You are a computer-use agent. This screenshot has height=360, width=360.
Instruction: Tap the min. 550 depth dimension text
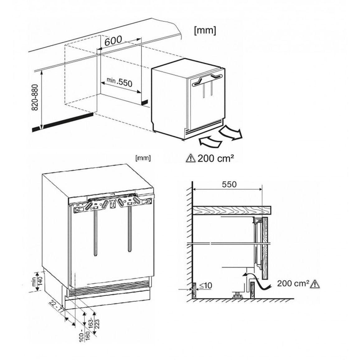pyautogui.click(x=119, y=82)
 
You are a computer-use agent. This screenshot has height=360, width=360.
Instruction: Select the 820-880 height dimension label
pyautogui.click(x=35, y=97)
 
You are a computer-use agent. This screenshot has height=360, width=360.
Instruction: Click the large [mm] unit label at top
pyautogui.click(x=205, y=31)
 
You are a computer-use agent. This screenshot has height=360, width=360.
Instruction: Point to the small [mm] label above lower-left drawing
pyautogui.click(x=143, y=158)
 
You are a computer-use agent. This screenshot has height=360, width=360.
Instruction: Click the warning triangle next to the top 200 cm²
pyautogui.click(x=190, y=158)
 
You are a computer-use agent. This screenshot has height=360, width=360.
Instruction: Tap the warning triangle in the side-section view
pyautogui.click(x=315, y=284)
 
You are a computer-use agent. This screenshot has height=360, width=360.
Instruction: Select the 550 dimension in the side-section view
pyautogui.click(x=229, y=184)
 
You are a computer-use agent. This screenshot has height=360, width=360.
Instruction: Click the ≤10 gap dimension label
pyautogui.click(x=206, y=286)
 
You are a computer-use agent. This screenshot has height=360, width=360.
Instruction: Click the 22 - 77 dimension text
pyautogui.click(x=56, y=307)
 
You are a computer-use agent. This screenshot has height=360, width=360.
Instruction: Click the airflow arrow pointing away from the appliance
pyautogui.click(x=230, y=133)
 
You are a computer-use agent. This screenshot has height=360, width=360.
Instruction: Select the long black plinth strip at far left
pyautogui.click(x=63, y=122)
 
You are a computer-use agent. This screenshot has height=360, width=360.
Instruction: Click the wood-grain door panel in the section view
pyautogui.click(x=265, y=248)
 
